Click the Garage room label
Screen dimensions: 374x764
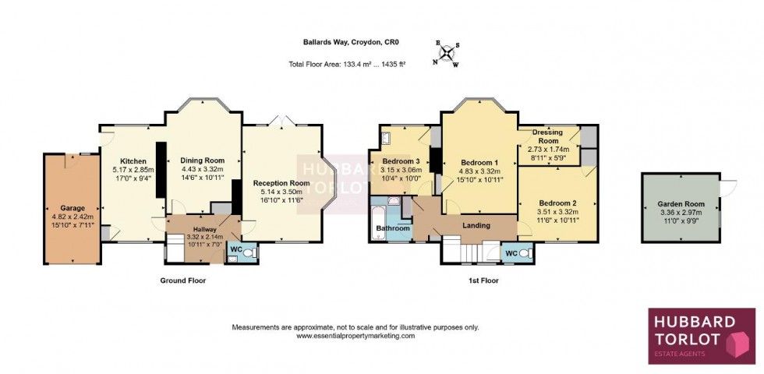click(72, 209)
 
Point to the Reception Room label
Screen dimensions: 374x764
click(281, 183)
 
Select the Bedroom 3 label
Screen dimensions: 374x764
click(401, 161)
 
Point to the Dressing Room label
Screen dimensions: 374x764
click(548, 136)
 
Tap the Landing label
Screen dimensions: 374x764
click(476, 226)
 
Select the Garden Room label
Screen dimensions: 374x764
click(681, 204)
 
